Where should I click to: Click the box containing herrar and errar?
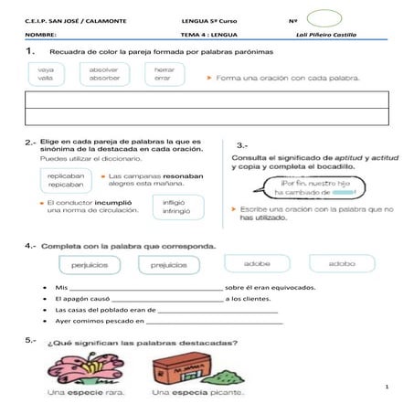(x=165, y=74)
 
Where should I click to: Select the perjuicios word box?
(x=90, y=263)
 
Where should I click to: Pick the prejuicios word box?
(x=168, y=263)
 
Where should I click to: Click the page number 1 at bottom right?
(x=387, y=388)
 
